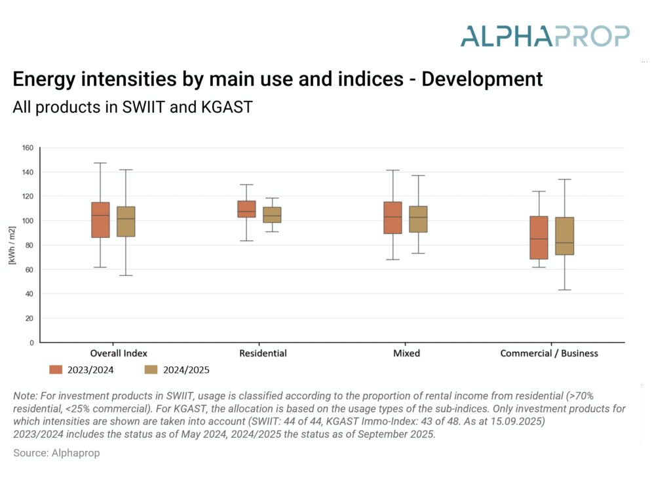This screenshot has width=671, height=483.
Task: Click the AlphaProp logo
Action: point(545,35)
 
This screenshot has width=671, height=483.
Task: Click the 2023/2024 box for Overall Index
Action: point(100,220)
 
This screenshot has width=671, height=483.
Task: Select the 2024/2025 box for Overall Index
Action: point(126,222)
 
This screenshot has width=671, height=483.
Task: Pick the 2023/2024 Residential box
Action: point(246,209)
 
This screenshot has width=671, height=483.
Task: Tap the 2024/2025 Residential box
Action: point(272,215)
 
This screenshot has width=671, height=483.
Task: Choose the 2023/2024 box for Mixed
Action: point(393,218)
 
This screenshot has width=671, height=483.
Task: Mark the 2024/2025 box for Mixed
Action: point(418,219)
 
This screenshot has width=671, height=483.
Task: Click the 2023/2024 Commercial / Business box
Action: point(539,238)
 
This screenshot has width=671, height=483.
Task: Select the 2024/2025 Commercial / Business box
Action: point(564,236)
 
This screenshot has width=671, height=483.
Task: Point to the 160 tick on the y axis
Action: point(27,147)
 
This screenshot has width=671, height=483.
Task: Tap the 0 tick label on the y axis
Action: point(31,343)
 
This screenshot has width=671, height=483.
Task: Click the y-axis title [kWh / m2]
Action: point(11,245)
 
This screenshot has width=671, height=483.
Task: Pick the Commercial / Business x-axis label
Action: point(549,353)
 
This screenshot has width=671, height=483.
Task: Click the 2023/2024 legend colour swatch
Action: point(56,370)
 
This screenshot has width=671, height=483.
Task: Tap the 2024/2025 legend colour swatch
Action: point(151,370)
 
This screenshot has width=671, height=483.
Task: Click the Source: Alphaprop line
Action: point(56,453)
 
